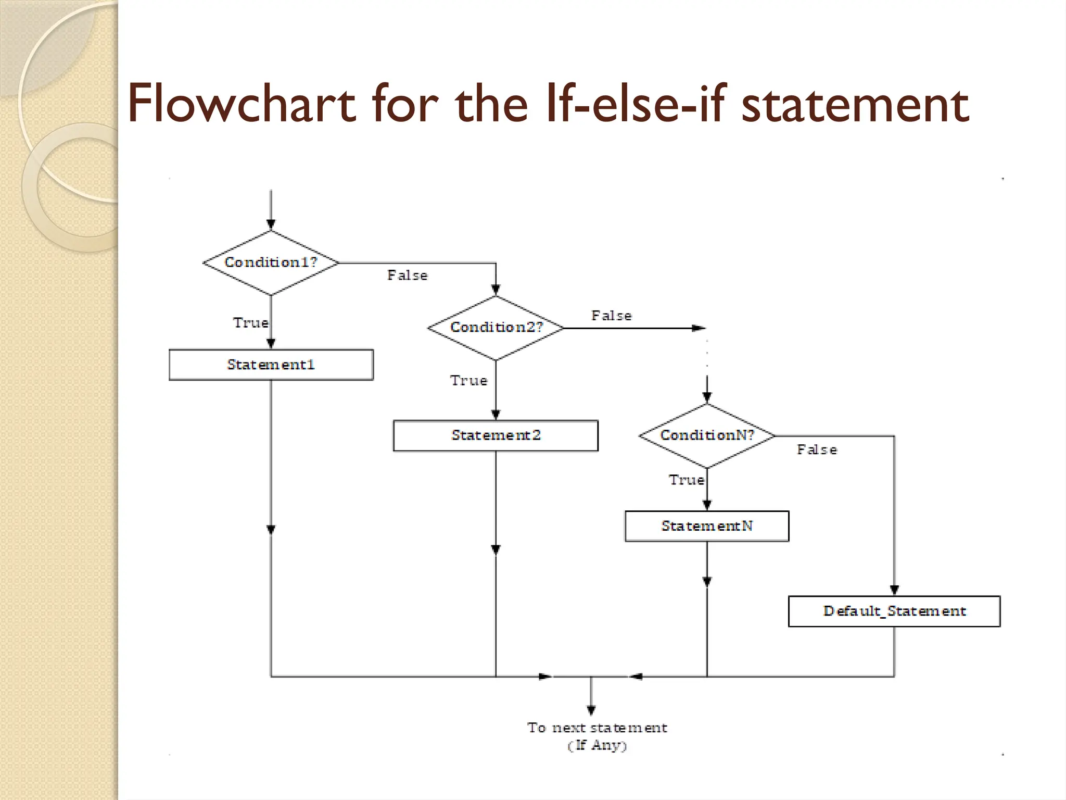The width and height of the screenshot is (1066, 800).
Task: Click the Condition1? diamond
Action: coord(271,262)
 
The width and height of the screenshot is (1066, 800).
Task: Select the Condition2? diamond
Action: coord(496,328)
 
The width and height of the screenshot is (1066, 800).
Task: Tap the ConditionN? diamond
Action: coord(707,435)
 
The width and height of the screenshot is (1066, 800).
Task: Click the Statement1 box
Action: coord(271,365)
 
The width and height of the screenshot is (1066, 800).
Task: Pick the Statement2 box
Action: coord(496,435)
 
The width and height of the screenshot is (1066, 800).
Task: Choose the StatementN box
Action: coord(707,526)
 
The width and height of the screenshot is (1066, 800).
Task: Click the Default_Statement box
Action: coord(894,611)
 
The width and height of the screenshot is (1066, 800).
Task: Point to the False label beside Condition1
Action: coord(407,276)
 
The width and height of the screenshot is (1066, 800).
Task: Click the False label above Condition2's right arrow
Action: coord(611,316)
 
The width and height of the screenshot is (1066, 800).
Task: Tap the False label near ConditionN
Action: coord(817,450)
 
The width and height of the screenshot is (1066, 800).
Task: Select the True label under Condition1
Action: coord(250,323)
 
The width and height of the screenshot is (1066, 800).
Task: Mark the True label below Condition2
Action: coord(468,381)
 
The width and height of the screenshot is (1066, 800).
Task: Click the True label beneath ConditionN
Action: coord(686,480)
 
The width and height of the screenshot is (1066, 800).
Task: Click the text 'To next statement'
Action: coord(597,728)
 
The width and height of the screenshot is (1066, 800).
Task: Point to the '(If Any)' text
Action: coord(597,745)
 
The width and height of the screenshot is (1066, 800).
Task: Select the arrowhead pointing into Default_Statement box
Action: coord(894,590)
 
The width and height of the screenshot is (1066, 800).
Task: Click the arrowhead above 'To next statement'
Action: coord(591,710)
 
